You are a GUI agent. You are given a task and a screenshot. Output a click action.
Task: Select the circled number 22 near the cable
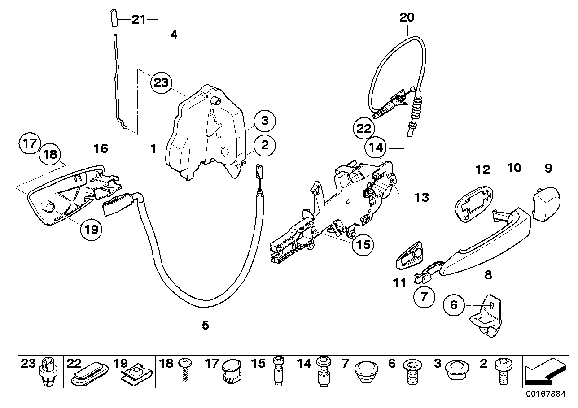click(x=364, y=128)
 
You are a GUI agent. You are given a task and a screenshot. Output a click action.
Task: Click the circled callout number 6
click(x=454, y=305)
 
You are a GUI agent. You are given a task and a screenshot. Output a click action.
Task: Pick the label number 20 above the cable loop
click(x=407, y=18)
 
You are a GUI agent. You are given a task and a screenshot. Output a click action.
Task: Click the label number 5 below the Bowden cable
click(x=205, y=325)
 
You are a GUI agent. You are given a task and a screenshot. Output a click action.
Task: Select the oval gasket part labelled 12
click(x=474, y=200)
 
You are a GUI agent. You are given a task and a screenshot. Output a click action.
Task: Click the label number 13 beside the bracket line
click(x=422, y=197)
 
